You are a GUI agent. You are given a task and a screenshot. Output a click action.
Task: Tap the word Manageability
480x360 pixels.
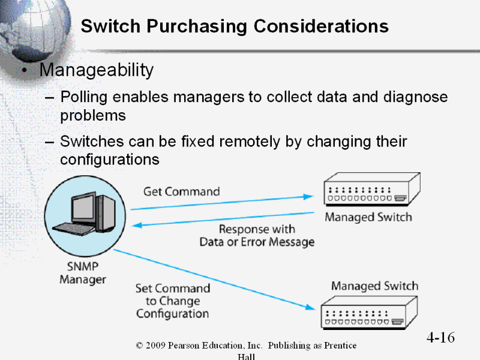(97, 70)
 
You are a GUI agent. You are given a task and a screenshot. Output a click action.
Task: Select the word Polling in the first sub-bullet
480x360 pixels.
(83, 97)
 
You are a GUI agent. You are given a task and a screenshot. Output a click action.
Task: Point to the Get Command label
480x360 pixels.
(181, 191)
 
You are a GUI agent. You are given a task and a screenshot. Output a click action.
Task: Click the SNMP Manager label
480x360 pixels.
(82, 273)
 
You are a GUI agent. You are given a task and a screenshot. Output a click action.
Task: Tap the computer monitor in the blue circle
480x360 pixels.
(83, 208)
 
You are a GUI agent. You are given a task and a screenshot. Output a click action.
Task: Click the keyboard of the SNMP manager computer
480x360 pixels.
(74, 229)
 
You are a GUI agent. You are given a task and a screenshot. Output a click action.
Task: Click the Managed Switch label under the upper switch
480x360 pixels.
(368, 217)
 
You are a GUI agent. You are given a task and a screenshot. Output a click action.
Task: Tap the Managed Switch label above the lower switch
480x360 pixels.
(374, 286)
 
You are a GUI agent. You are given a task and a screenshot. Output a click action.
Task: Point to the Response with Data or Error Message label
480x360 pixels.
(257, 236)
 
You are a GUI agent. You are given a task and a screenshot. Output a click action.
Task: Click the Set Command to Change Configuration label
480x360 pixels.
(173, 301)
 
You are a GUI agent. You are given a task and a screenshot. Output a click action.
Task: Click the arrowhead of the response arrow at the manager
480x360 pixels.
(136, 226)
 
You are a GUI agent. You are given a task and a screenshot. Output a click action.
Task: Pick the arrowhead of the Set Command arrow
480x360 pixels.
(310, 307)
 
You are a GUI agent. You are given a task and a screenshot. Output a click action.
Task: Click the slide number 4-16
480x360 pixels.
(440, 337)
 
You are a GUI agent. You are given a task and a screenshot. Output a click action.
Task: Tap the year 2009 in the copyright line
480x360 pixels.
(156, 346)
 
